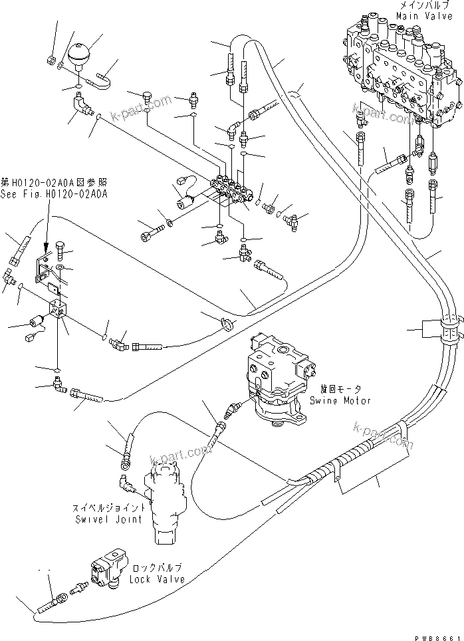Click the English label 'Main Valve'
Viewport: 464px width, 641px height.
(421, 14)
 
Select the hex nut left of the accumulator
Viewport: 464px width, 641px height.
(51, 61)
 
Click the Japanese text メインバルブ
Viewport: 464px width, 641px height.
(421, 5)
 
